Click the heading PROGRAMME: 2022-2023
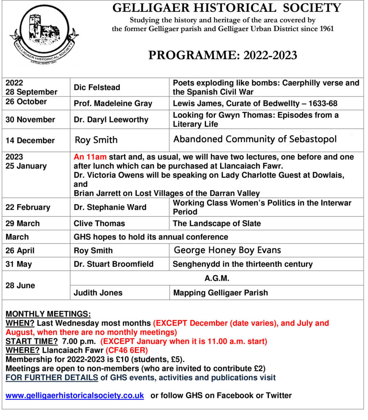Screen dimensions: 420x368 tap(223, 55)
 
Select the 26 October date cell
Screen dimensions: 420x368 tap(26, 102)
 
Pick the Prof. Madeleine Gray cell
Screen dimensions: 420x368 tap(113, 104)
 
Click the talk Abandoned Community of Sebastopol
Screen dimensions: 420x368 tap(255, 139)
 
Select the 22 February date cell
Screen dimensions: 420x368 tap(28, 207)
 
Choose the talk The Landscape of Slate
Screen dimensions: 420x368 tap(217, 224)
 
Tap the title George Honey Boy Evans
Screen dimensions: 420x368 tap(228, 250)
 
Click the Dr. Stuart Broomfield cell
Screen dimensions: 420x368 tap(113, 264)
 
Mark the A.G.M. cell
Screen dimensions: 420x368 tap(217, 278)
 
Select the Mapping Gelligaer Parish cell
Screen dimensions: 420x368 tap(220, 293)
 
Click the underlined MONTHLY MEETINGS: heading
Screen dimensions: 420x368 tap(48, 314)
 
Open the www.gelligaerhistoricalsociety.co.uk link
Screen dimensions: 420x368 tap(75, 395)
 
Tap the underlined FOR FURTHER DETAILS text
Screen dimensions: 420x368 tap(51, 377)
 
